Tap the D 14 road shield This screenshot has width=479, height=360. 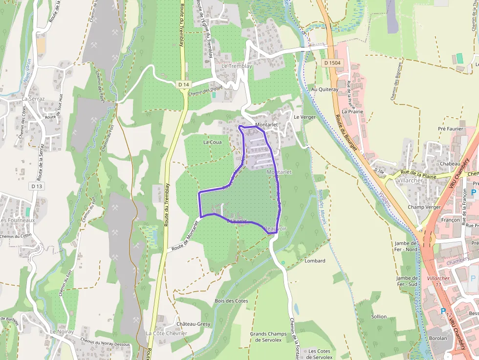tap(183, 85)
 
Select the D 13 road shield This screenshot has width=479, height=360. tap(37, 186)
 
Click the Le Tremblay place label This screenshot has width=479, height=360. tap(237, 66)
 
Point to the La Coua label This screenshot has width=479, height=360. tap(212, 142)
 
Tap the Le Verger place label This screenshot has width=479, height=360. tap(305, 117)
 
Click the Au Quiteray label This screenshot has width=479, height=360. tap(325, 90)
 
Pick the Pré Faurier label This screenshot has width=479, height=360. tap(450, 129)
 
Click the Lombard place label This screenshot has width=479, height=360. tap(315, 261)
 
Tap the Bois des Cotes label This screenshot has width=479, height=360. tap(231, 301)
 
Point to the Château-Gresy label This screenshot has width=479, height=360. tap(193, 324)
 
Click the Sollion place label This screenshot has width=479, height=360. tap(379, 317)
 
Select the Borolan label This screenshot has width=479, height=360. tap(437, 338)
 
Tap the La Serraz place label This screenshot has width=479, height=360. tap(33, 99)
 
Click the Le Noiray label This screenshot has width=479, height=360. tap(62, 332)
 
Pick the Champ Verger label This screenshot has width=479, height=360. tap(424, 207)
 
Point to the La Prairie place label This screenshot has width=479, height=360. tap(352, 111)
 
